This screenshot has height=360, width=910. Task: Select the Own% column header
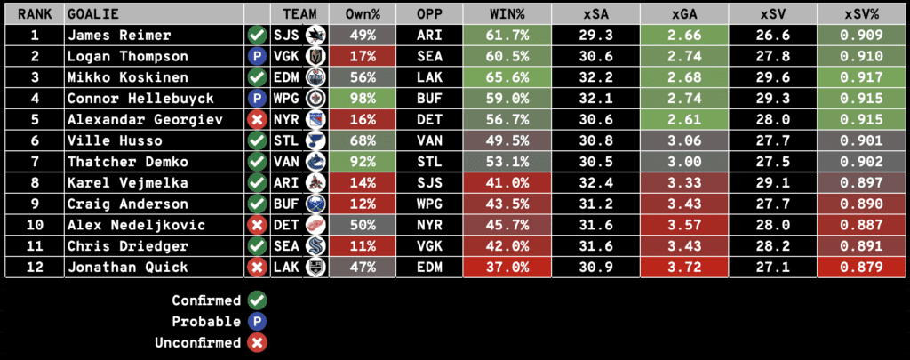point(362,15)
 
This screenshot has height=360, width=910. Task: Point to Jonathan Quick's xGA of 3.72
point(683,268)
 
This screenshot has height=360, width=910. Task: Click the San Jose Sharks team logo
point(314,36)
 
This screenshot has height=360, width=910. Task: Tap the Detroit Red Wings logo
point(314,225)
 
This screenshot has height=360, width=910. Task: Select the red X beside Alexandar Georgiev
point(258,120)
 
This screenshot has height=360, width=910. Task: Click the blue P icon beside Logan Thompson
point(258,57)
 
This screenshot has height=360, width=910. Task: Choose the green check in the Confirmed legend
point(258,300)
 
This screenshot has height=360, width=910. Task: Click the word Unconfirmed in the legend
point(206,342)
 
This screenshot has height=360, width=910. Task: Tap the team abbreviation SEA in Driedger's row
point(287,246)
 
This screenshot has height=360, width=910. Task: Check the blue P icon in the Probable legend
point(258,321)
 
